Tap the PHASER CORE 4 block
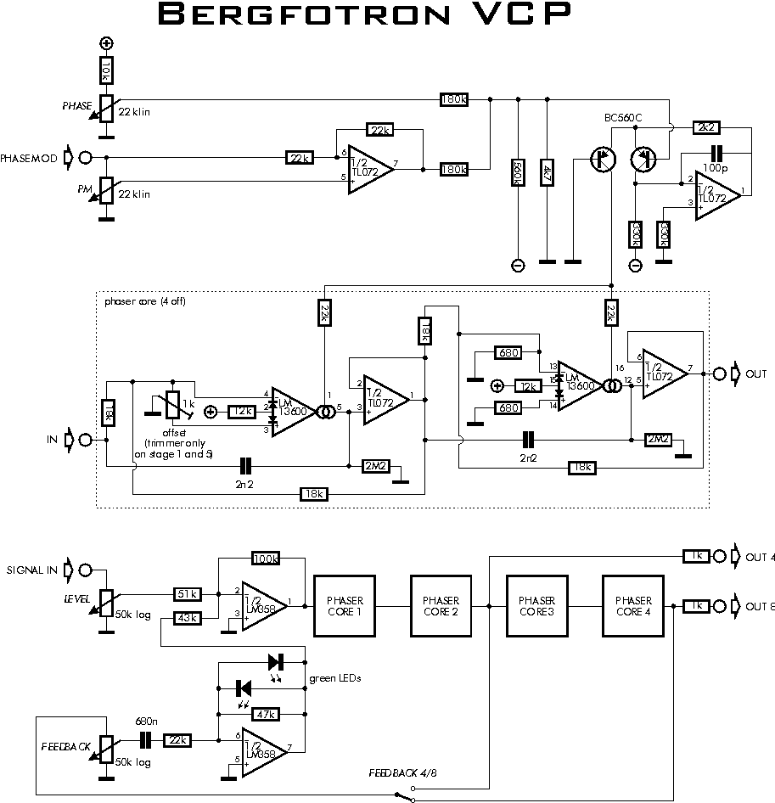click(x=632, y=605)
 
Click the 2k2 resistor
click(x=706, y=126)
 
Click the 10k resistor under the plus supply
click(x=106, y=70)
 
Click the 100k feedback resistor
click(x=267, y=558)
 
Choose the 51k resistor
click(x=187, y=594)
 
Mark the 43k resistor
click(x=187, y=618)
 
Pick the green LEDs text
click(x=334, y=677)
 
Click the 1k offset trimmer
click(x=174, y=407)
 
